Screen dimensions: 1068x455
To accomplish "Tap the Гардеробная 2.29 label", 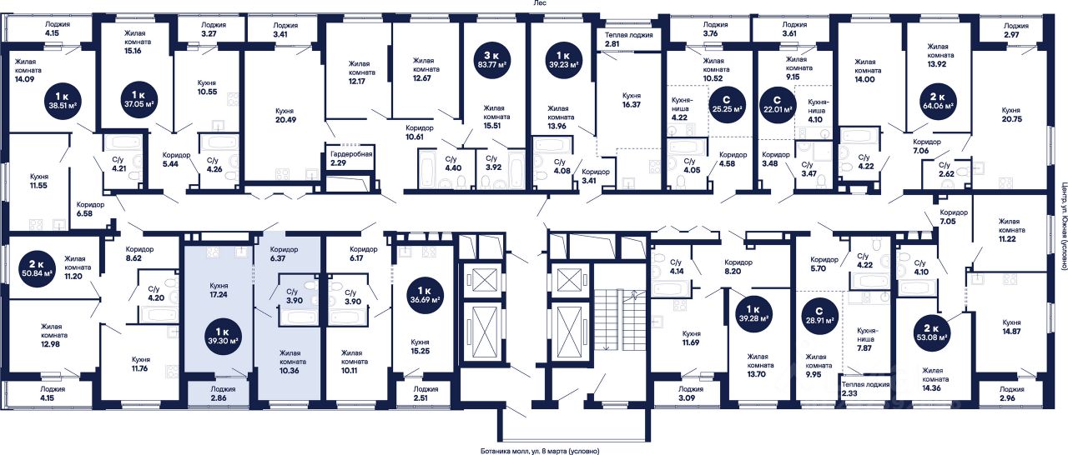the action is [x=350, y=159].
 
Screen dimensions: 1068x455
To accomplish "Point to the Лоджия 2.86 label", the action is [x=223, y=394].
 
